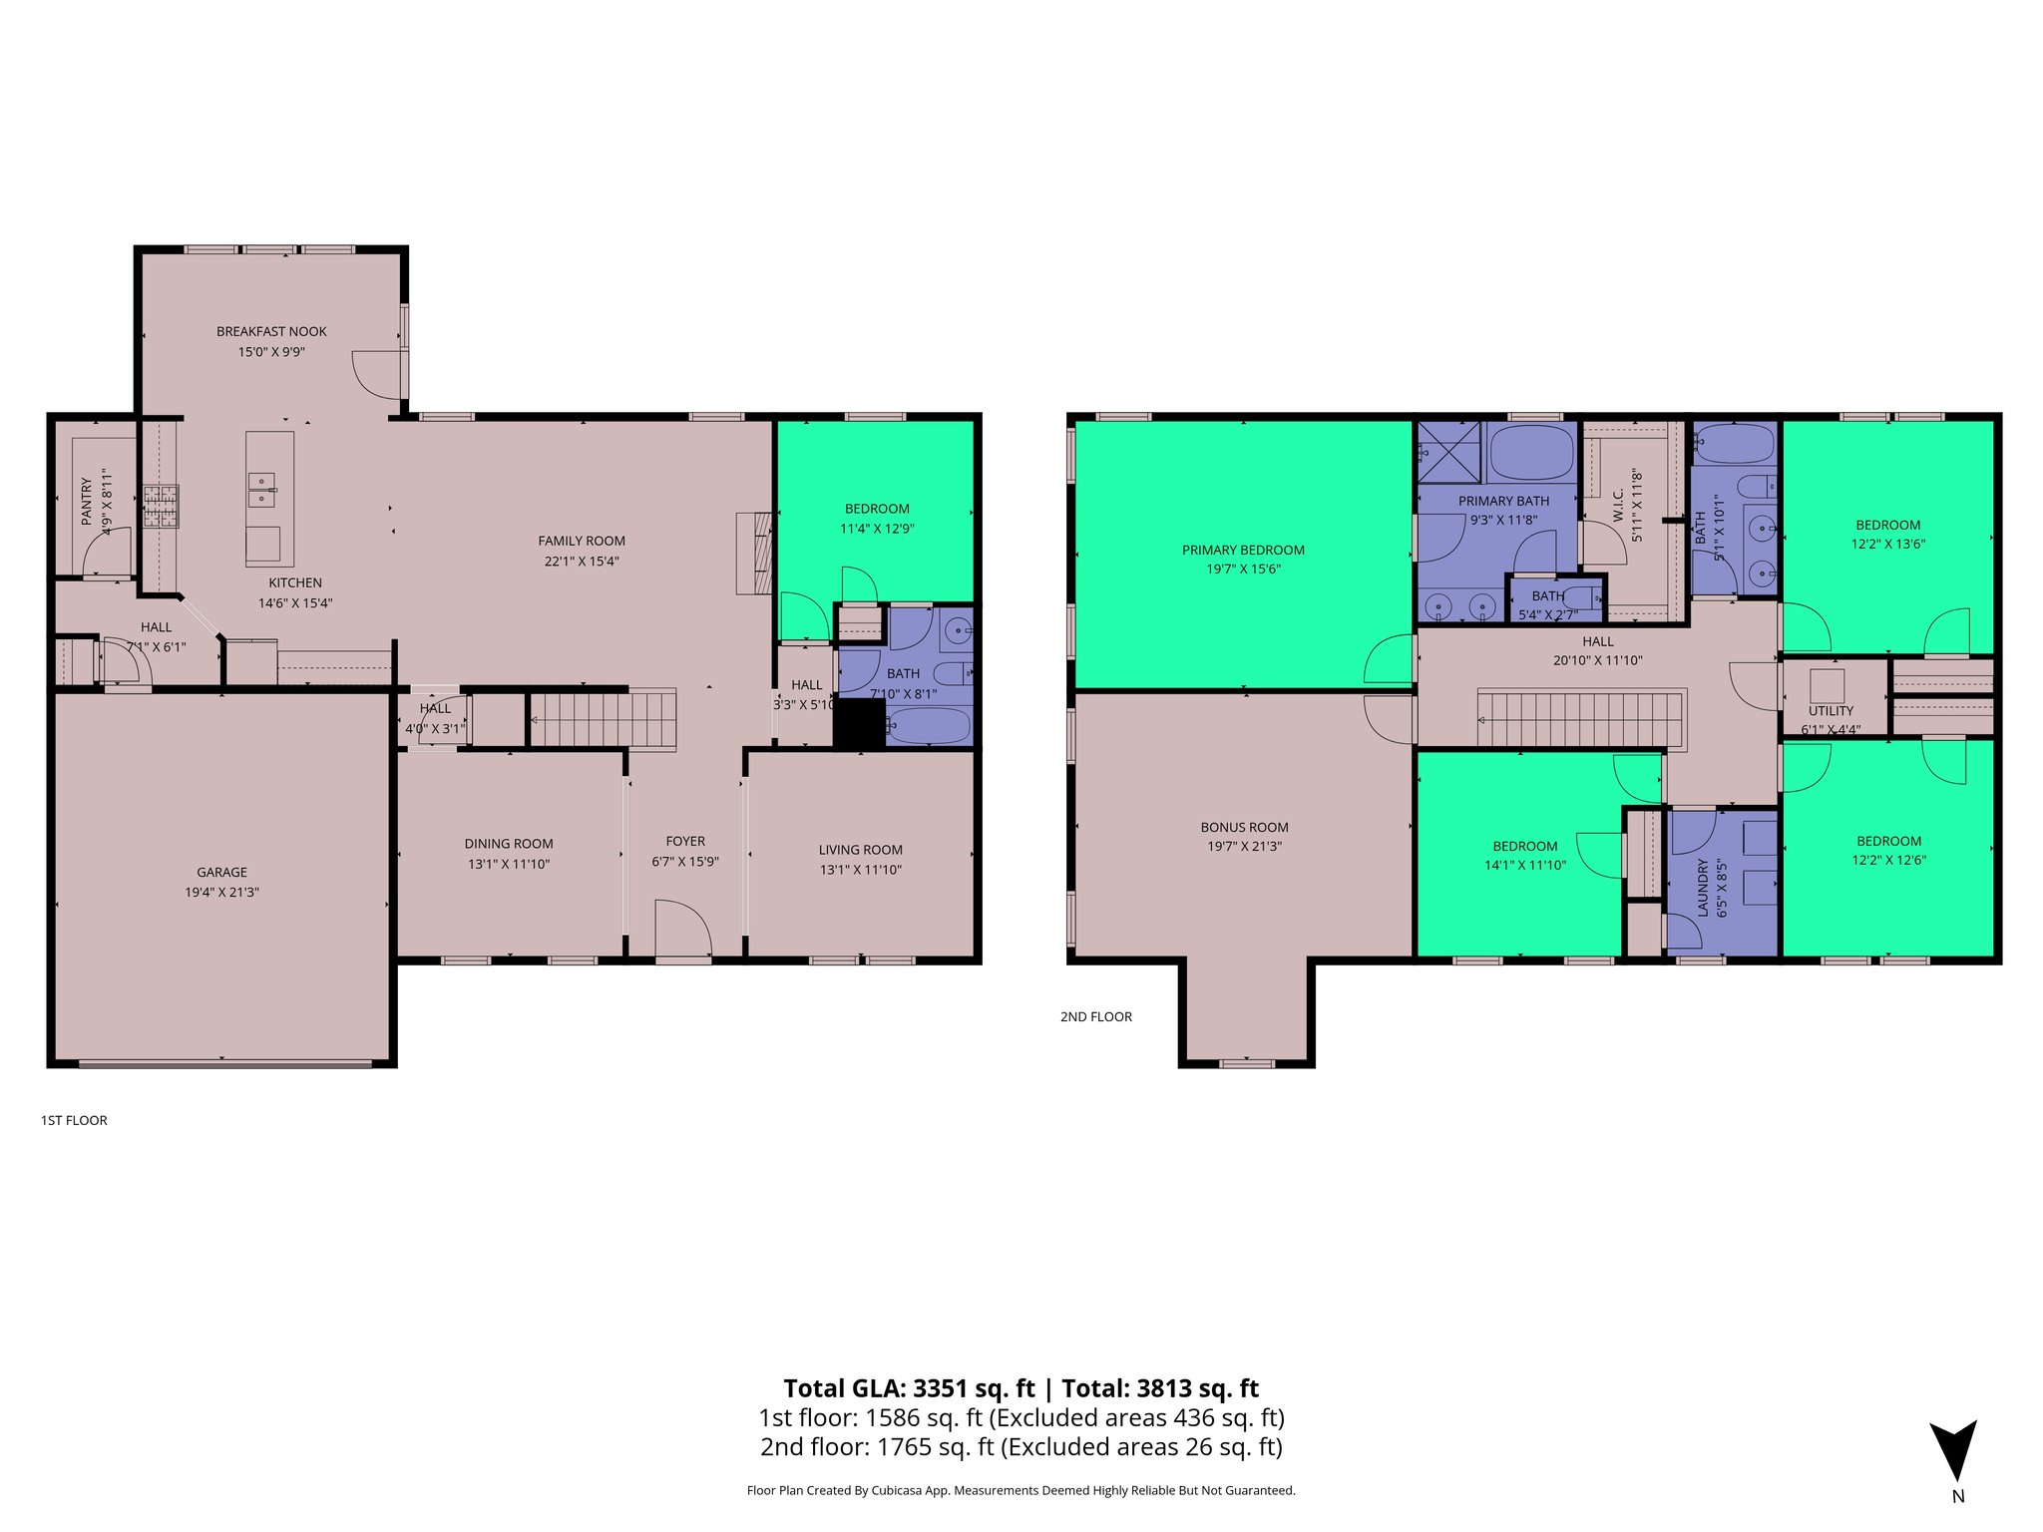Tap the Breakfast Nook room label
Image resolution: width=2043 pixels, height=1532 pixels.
271,331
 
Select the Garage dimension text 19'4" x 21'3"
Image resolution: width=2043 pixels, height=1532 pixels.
221,893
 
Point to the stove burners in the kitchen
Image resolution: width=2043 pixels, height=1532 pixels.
160,506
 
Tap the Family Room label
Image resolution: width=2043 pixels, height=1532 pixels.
582,541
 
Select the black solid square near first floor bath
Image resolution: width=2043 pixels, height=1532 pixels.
859,723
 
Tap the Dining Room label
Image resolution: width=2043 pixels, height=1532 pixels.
508,844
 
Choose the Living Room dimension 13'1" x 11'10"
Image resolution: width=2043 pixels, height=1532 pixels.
860,870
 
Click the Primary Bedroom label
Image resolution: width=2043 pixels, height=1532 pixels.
1243,550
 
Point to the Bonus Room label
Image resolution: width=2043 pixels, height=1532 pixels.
1244,827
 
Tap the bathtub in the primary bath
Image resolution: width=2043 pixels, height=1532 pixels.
1530,452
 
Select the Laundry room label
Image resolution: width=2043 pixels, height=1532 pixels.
1703,888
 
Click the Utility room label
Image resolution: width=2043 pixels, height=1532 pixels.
1831,711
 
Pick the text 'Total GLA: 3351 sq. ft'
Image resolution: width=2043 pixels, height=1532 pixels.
909,1388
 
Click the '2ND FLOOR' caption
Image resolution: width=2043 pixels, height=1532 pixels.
1095,1016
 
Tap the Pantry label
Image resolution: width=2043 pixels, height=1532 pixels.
87,501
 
